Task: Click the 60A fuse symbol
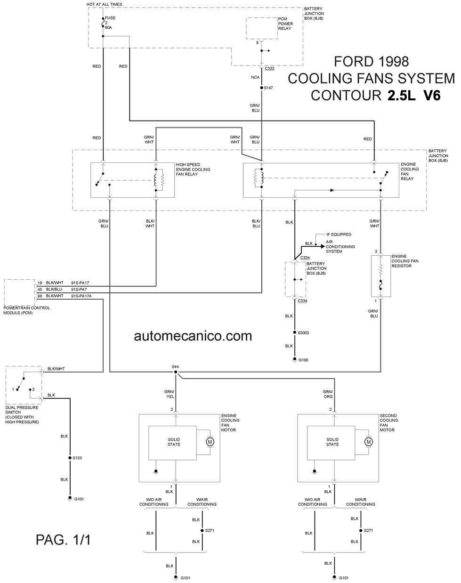[103, 23]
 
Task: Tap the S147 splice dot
[261, 88]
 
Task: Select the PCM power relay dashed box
[262, 28]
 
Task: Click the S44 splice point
[176, 372]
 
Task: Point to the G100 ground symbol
[295, 360]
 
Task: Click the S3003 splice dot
[295, 332]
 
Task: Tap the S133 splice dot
[70, 458]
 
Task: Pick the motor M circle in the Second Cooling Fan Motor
[368, 442]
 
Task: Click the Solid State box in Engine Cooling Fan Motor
[172, 443]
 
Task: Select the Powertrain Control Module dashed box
[19, 292]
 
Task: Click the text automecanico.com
[193, 336]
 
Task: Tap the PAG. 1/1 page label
[63, 540]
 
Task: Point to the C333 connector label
[269, 69]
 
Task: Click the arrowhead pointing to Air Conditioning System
[323, 246]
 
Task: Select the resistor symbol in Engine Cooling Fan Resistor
[380, 269]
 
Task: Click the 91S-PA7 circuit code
[79, 289]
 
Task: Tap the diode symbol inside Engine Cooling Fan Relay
[332, 190]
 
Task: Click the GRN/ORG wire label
[328, 394]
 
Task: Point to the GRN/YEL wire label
[170, 394]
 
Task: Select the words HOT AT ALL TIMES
[104, 4]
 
